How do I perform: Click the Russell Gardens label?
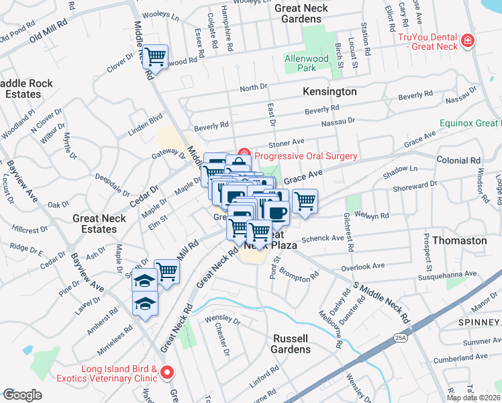[291, 343]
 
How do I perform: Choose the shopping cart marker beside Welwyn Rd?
[305, 199]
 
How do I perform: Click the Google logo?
[22, 395]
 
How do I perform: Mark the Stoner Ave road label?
[287, 142]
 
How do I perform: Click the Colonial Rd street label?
[458, 161]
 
